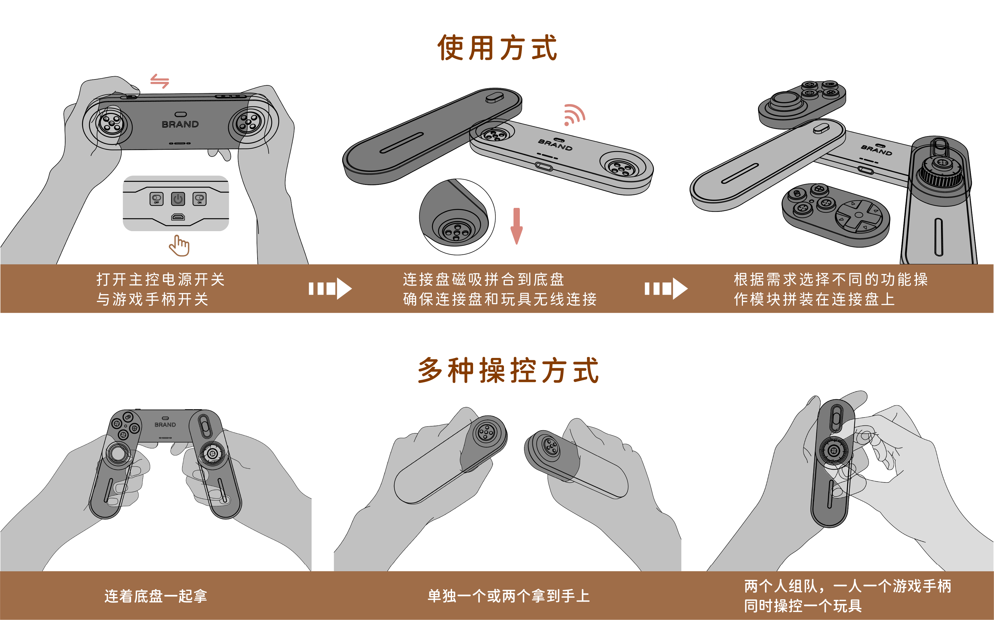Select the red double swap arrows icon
click(159, 81)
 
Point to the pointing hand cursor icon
click(179, 246)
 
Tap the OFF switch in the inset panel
click(156, 199)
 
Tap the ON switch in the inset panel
click(199, 199)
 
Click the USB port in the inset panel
click(178, 217)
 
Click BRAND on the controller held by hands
click(180, 124)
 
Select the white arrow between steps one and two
click(330, 289)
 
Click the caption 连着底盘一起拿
click(156, 596)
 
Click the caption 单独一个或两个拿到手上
click(508, 596)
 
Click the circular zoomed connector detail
click(457, 217)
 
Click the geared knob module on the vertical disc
click(941, 171)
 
